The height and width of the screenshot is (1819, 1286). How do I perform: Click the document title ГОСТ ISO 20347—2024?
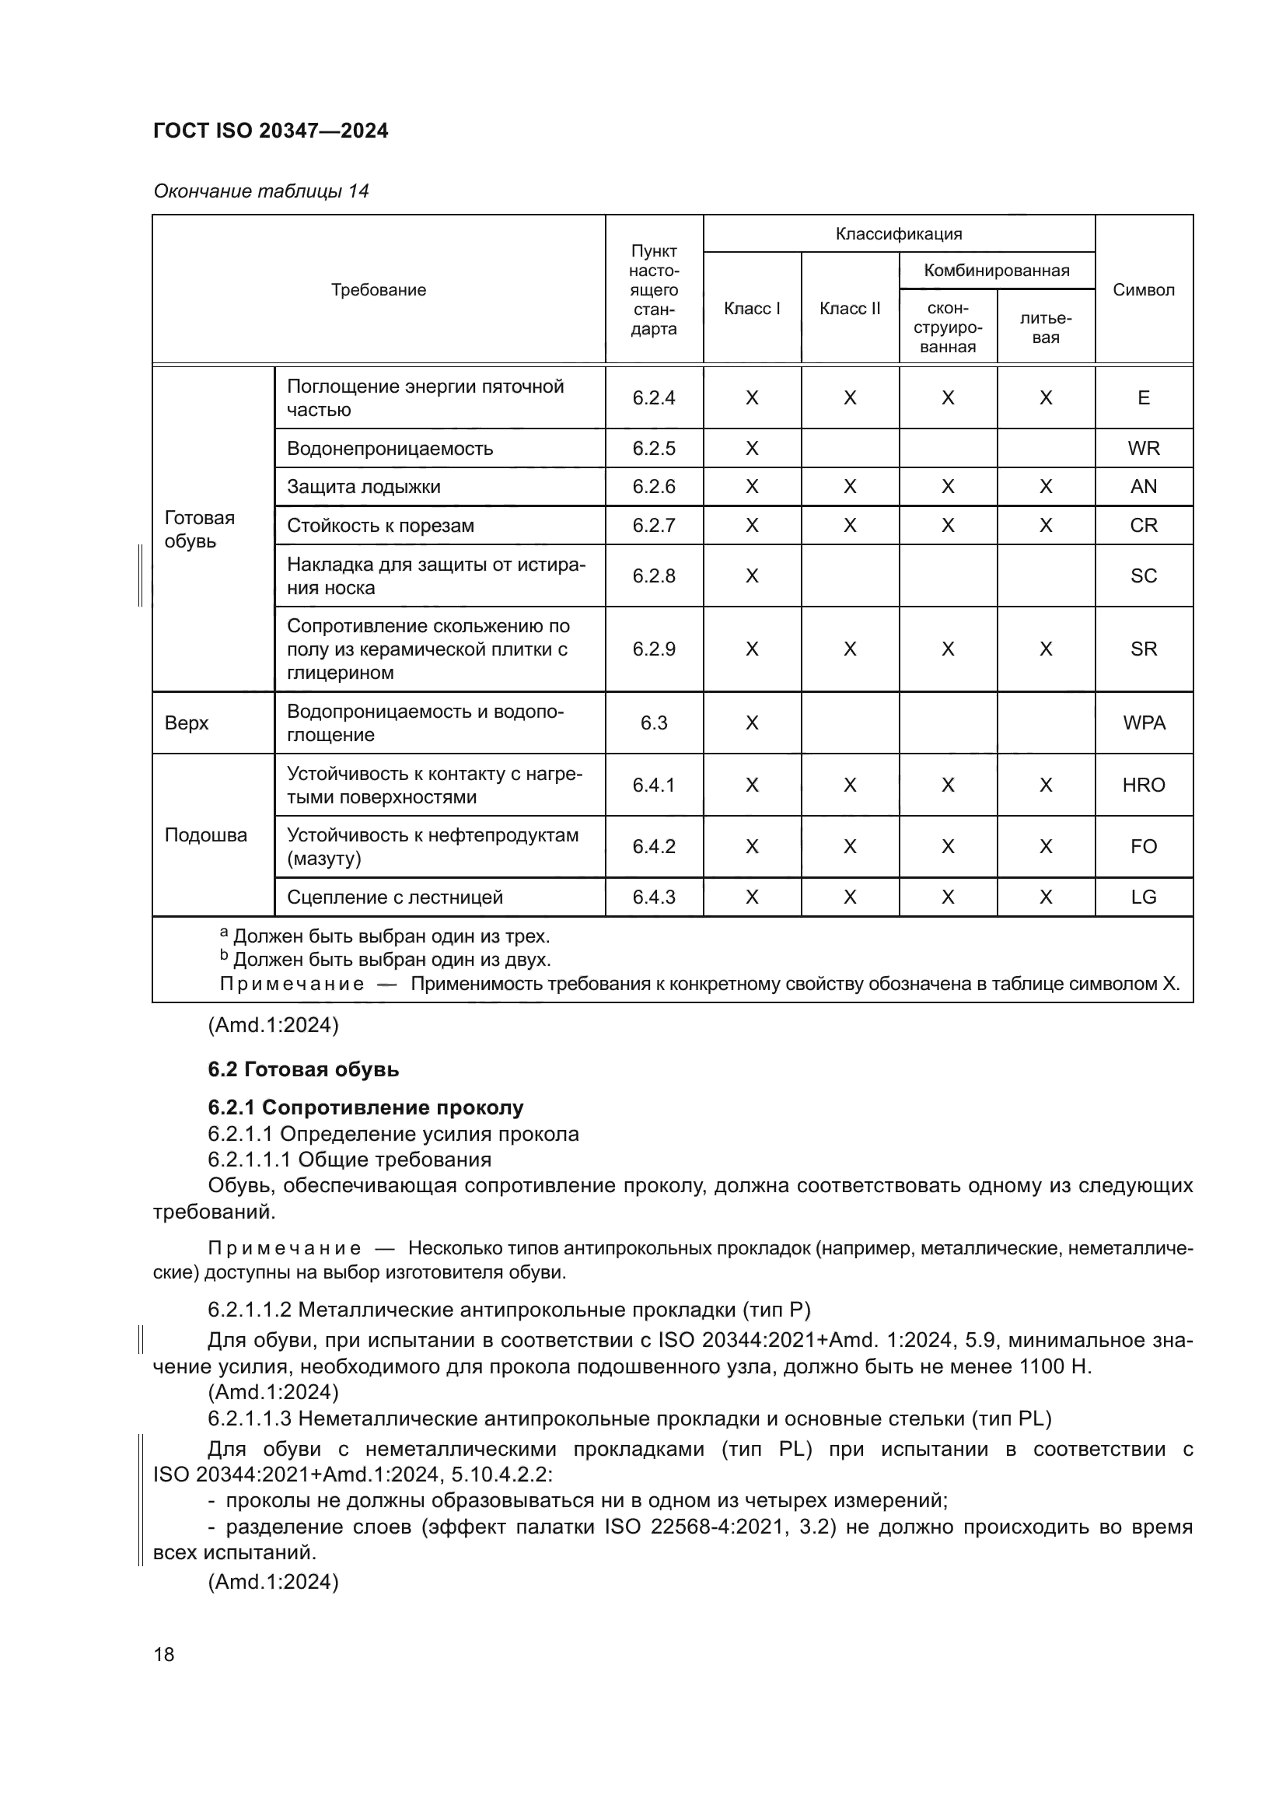point(270,131)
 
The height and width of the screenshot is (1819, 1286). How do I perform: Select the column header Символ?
point(1143,290)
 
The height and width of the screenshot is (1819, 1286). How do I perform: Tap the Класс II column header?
point(849,309)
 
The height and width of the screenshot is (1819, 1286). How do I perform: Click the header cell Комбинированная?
point(996,271)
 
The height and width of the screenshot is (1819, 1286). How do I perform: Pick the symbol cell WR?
point(1143,449)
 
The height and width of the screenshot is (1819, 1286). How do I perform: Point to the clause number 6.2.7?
point(653,525)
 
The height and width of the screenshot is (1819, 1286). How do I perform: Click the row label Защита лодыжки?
point(363,486)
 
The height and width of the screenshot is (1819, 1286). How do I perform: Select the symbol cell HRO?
point(1143,785)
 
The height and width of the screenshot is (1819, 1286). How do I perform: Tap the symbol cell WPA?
point(1143,722)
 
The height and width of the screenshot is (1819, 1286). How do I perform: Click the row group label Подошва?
point(206,835)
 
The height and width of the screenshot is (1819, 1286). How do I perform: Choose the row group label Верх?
point(187,722)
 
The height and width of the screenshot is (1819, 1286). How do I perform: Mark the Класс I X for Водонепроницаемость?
point(752,449)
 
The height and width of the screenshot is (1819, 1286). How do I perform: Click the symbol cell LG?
point(1143,897)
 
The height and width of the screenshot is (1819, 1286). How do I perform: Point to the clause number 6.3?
point(653,722)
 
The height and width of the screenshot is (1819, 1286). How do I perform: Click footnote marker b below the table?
point(224,957)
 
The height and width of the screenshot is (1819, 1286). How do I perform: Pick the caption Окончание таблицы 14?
point(260,191)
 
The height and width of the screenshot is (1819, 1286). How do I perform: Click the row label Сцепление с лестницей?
point(394,897)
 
